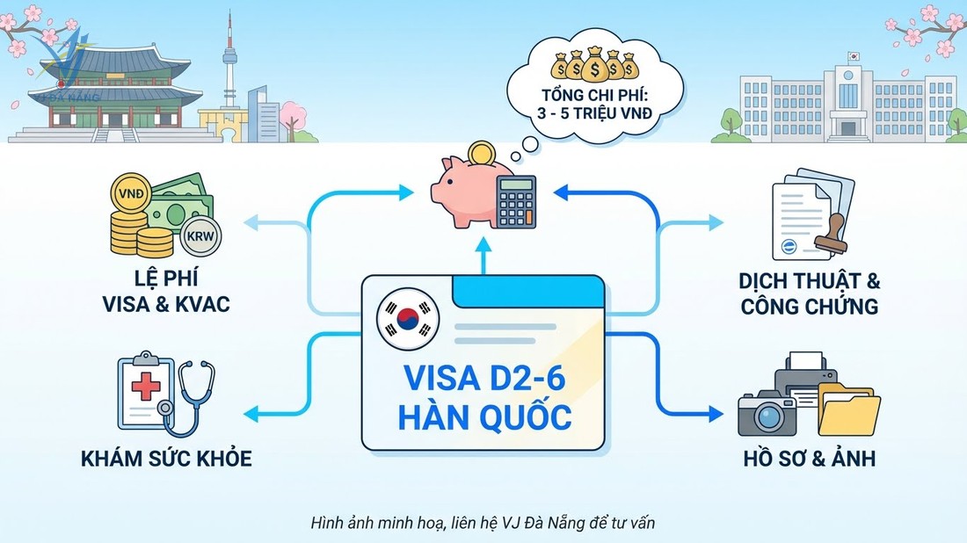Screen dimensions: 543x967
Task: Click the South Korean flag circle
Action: pyautogui.click(x=407, y=321)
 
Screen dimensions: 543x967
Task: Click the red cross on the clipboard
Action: pyautogui.click(x=144, y=387)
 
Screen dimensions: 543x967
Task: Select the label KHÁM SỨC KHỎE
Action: pyautogui.click(x=166, y=458)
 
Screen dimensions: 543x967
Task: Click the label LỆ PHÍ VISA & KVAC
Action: pyautogui.click(x=166, y=293)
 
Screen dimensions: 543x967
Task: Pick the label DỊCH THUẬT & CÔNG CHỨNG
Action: pyautogui.click(x=810, y=293)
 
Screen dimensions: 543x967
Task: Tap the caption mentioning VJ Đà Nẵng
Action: pyautogui.click(x=483, y=522)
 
